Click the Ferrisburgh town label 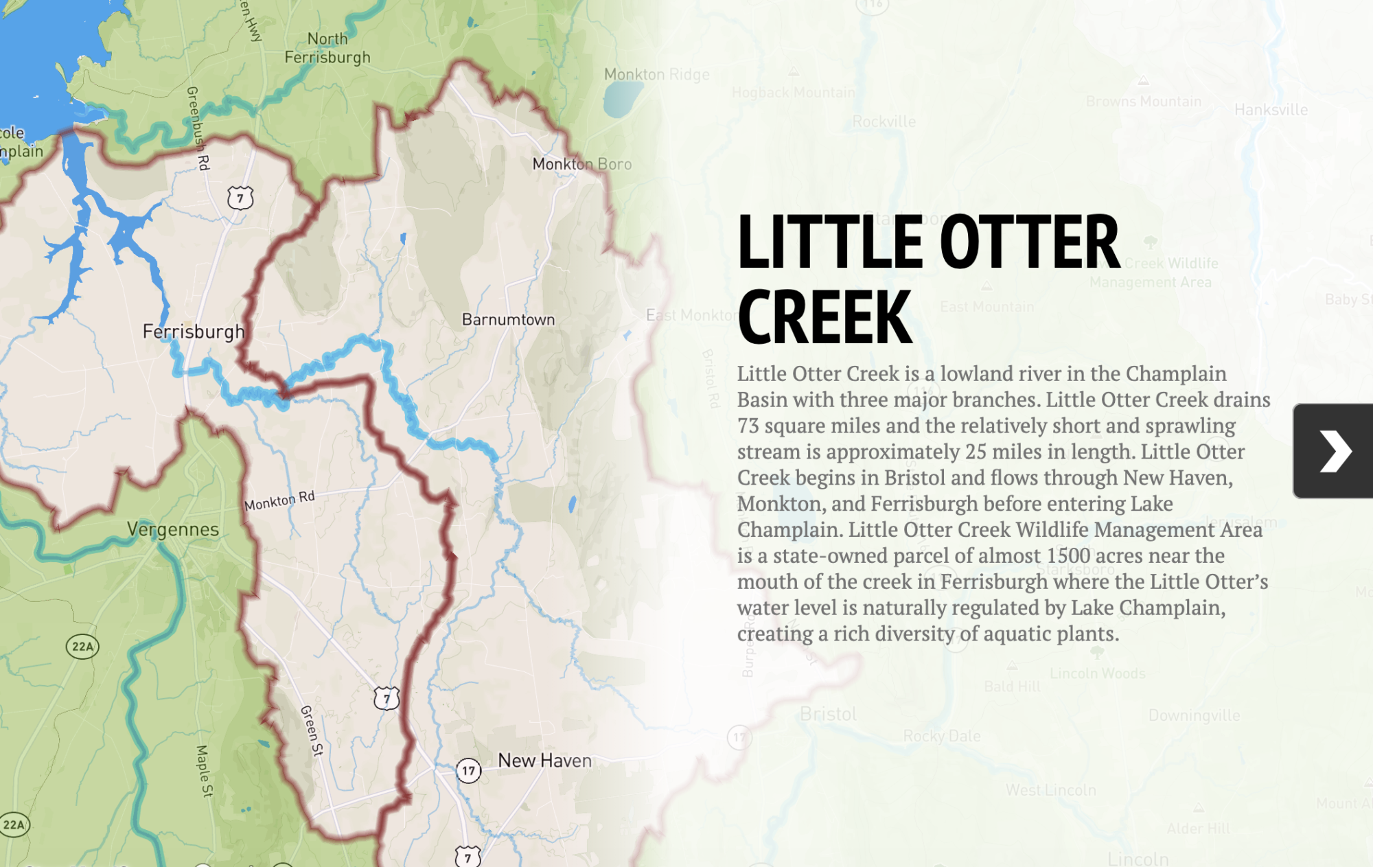(193, 332)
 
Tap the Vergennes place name (173, 529)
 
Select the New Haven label (544, 761)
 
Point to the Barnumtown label (508, 319)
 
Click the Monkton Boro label (581, 164)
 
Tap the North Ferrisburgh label (327, 48)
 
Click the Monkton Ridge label (656, 74)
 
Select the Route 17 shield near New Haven (468, 770)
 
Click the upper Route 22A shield (82, 646)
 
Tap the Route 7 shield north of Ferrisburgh (240, 198)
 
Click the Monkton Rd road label (279, 500)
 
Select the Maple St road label (204, 770)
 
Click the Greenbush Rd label (198, 128)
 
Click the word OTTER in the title (1029, 242)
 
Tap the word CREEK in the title (824, 317)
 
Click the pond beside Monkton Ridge (621, 98)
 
